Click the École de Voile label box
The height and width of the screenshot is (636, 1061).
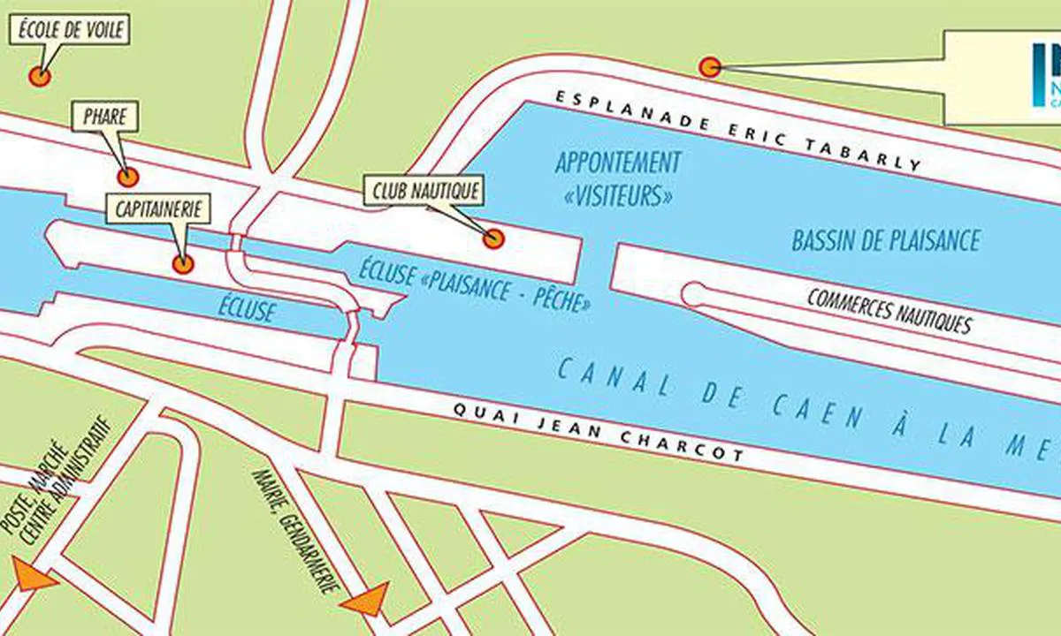(x=70, y=32)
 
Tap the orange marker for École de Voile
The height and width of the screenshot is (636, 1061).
(x=40, y=76)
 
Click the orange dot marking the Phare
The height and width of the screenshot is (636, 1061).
(x=128, y=177)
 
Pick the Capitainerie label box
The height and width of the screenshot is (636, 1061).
(x=158, y=209)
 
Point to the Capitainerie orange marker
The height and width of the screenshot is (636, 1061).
(x=183, y=263)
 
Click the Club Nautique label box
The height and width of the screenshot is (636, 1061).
(x=425, y=190)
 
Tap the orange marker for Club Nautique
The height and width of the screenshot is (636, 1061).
(x=493, y=237)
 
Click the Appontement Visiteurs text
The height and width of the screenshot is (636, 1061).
(x=618, y=178)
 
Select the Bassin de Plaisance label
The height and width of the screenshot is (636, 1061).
(x=886, y=240)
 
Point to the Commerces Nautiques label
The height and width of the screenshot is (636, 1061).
(x=889, y=311)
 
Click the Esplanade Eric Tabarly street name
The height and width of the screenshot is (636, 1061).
(x=738, y=130)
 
